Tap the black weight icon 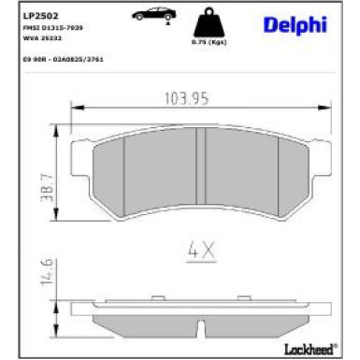[x=204, y=22]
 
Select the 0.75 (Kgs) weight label [x=204, y=44]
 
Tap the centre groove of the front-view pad [x=199, y=168]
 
